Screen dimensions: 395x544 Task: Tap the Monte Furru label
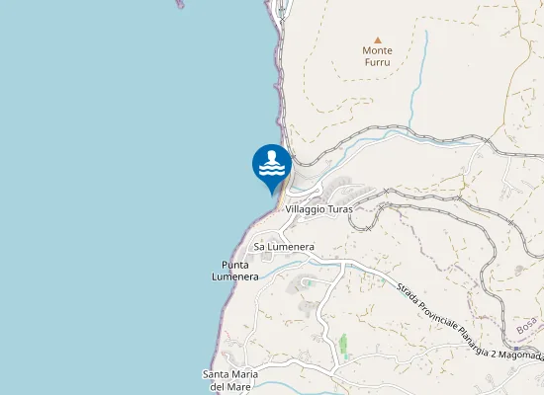(377, 55)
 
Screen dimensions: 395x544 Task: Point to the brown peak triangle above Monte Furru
(377, 39)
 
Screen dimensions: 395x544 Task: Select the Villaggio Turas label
(318, 209)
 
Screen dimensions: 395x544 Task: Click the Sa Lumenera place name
(284, 245)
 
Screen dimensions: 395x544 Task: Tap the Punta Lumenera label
(234, 271)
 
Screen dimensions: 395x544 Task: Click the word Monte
(377, 50)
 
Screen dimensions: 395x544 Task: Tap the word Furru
(377, 61)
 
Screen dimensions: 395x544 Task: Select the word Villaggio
(307, 209)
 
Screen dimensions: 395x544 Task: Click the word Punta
(234, 265)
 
